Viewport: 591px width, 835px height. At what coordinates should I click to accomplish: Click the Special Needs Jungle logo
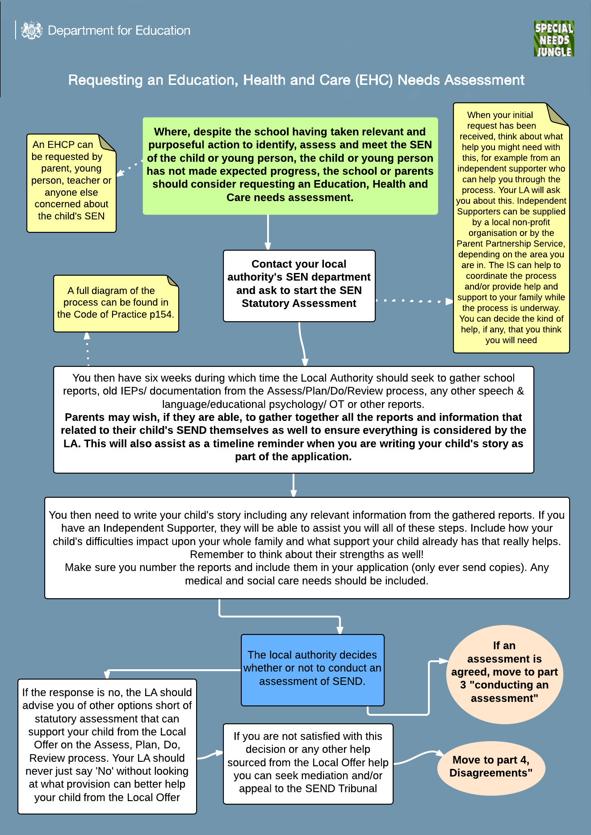click(554, 39)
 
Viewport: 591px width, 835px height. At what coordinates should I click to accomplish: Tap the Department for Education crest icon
click(31, 30)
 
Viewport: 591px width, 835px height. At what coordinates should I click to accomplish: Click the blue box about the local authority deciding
click(312, 669)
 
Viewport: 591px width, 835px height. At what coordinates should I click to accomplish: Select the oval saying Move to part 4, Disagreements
click(490, 767)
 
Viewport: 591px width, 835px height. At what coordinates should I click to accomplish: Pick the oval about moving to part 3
click(504, 672)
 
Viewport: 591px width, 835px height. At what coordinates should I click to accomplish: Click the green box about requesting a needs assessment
click(290, 165)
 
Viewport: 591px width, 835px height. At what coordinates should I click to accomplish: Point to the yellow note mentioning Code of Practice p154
click(116, 303)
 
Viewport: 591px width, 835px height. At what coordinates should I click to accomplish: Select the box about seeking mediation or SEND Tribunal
click(308, 763)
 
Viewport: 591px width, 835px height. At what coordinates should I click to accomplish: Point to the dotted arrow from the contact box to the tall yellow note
click(413, 301)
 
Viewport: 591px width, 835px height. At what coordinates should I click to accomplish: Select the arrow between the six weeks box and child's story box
click(293, 485)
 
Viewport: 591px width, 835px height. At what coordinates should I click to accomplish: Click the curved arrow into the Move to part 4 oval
click(418, 756)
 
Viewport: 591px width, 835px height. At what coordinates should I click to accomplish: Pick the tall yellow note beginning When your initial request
click(511, 228)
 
